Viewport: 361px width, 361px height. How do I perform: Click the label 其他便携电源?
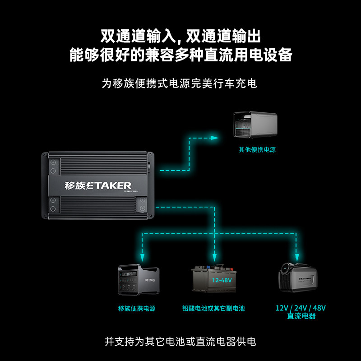257,150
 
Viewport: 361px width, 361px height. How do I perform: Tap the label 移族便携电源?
137,309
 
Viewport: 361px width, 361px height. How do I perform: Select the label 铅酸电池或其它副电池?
213,309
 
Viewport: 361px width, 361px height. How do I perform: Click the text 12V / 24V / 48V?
301,308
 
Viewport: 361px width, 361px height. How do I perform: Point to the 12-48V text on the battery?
222,280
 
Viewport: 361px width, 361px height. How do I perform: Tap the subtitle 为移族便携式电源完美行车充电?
180,83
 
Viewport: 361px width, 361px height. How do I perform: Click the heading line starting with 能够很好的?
180,55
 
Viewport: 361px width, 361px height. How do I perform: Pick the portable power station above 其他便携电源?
256,125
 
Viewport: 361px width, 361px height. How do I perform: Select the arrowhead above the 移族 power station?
143,258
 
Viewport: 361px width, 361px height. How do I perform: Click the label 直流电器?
301,316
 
